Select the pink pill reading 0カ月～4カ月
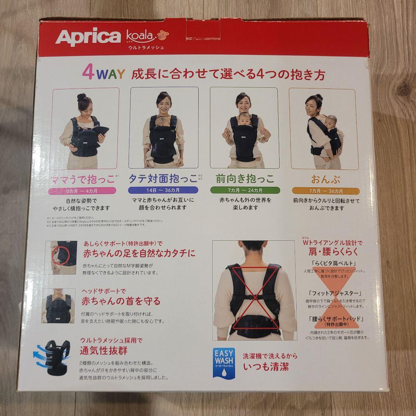(82, 190)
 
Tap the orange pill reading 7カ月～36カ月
(325, 191)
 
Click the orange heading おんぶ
(325, 179)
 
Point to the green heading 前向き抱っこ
(245, 179)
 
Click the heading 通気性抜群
(103, 351)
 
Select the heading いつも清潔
(266, 366)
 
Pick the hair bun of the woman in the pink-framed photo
(81, 97)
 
